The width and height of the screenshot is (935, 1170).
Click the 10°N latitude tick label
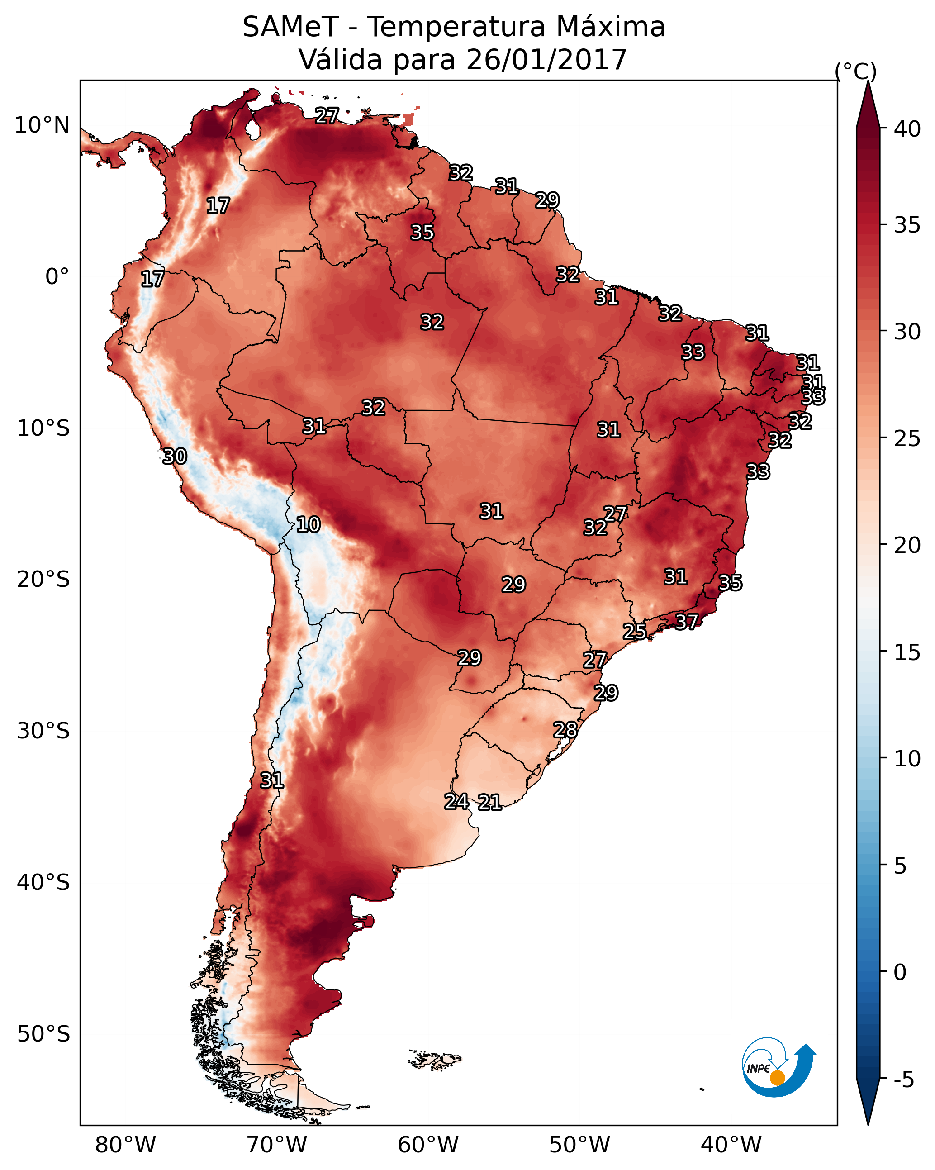(42, 125)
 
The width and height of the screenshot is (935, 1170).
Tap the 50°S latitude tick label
(43, 1034)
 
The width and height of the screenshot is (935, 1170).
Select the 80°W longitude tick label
(125, 1145)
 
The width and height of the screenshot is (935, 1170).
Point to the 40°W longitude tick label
(731, 1145)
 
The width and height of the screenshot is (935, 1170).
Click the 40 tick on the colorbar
(907, 129)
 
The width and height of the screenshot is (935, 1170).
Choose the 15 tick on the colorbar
(907, 652)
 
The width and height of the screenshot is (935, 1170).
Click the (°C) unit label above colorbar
(856, 71)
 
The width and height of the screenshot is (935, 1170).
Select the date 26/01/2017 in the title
(546, 60)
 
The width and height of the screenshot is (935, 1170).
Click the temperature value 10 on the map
(308, 524)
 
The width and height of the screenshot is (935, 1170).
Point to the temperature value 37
(687, 621)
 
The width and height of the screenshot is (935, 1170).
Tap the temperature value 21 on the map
(489, 802)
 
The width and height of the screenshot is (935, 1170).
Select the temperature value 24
(456, 801)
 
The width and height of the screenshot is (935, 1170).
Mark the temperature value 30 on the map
(175, 457)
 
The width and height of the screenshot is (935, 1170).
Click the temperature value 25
(634, 631)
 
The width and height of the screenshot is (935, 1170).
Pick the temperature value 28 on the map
(565, 730)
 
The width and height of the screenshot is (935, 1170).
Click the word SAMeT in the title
(290, 27)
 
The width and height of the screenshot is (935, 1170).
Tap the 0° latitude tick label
(57, 277)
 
